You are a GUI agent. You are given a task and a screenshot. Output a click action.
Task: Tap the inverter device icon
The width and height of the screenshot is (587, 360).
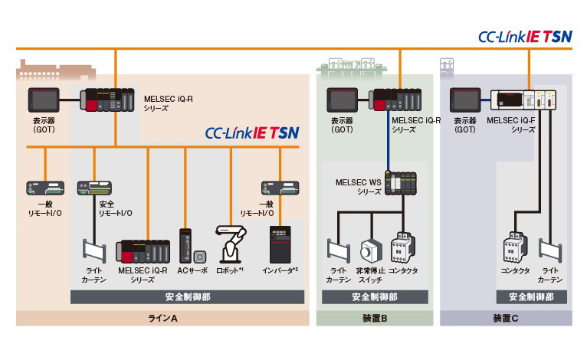[x=279, y=244]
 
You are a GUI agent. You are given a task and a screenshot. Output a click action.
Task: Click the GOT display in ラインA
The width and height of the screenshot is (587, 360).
[x=44, y=100]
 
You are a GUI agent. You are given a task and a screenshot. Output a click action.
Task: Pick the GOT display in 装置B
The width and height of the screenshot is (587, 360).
[x=343, y=100]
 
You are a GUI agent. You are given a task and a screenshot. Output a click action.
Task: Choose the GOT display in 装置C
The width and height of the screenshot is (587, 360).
[x=464, y=100]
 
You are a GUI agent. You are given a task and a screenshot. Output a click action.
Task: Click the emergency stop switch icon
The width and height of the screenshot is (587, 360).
[x=372, y=250]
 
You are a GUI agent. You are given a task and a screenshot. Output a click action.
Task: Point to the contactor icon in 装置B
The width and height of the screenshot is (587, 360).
[x=403, y=248]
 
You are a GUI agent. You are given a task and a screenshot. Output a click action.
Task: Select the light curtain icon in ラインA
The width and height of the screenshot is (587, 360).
[x=94, y=251]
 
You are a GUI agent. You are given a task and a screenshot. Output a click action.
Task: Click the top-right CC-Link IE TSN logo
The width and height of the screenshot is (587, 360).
[x=525, y=36]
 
